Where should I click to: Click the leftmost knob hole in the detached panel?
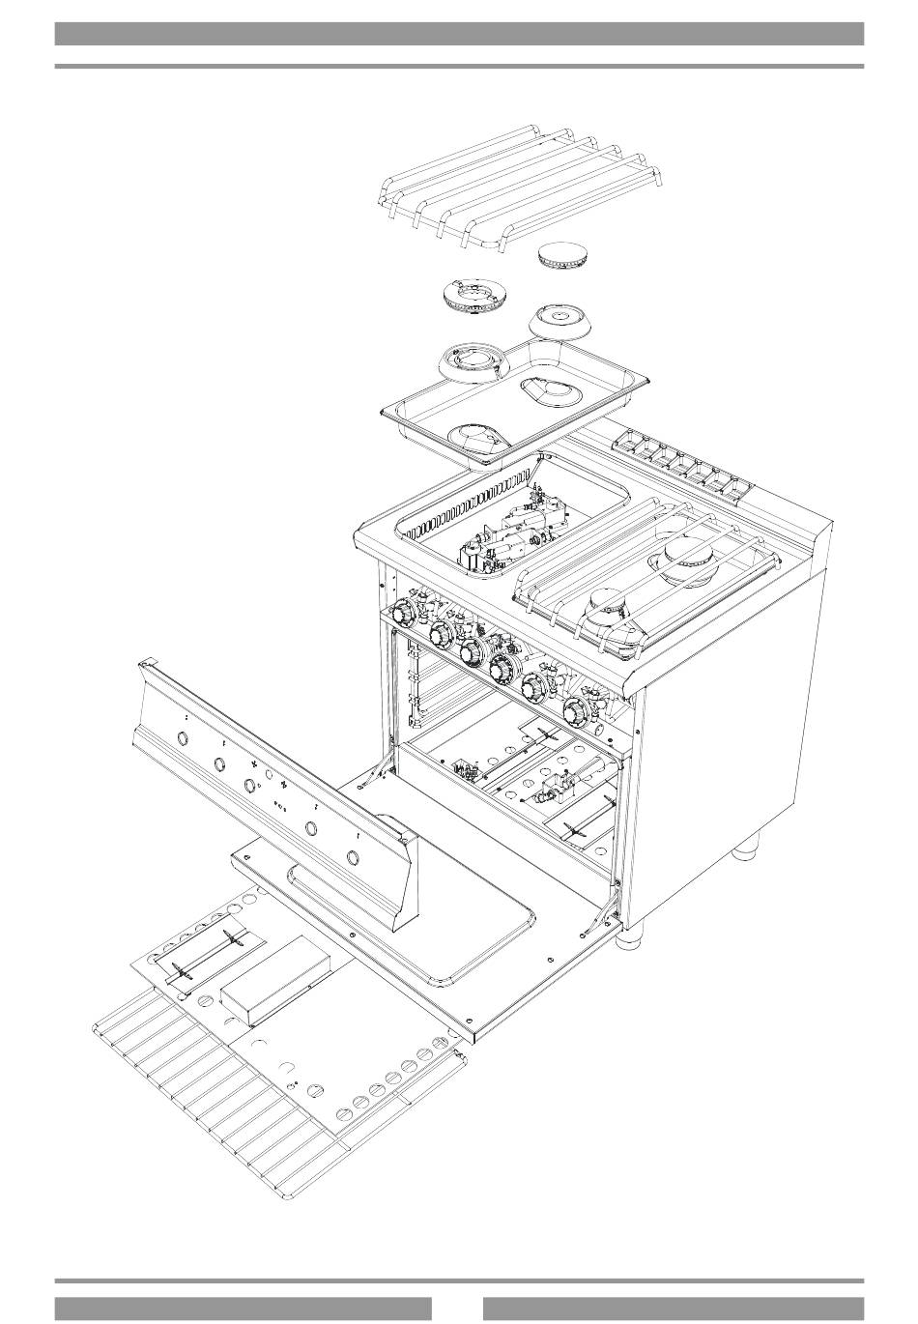(x=182, y=739)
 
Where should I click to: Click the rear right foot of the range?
(x=745, y=849)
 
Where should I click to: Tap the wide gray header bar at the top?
(x=459, y=34)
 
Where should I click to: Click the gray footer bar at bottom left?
(x=243, y=1308)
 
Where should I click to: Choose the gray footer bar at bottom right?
(x=674, y=1308)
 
